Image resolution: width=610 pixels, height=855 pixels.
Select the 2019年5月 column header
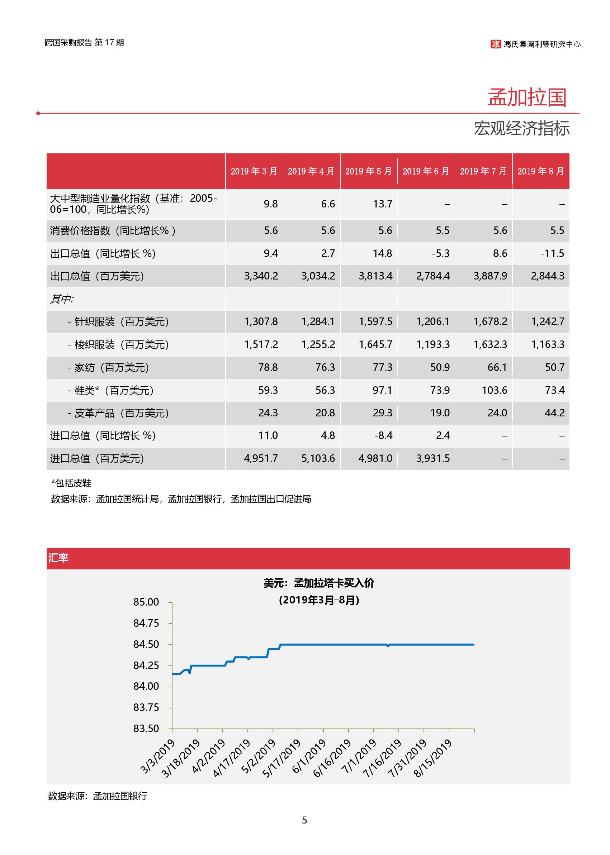click(369, 172)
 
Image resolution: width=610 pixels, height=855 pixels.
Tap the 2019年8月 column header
click(540, 172)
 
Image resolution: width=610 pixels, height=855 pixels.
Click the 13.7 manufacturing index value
click(382, 204)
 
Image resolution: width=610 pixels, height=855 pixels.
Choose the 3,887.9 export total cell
click(490, 276)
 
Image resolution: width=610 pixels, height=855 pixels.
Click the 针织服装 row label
click(118, 322)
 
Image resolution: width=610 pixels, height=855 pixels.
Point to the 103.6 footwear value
click(494, 390)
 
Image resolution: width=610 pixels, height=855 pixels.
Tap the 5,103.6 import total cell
click(318, 459)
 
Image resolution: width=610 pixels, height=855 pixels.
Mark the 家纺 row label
click(109, 368)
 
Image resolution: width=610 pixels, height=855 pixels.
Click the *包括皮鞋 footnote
click(71, 483)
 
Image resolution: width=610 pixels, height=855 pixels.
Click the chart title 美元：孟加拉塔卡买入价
click(318, 583)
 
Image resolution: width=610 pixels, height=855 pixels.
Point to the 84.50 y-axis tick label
click(146, 644)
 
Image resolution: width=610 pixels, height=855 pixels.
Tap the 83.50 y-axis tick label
click(146, 729)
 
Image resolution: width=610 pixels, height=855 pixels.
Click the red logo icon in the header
click(496, 44)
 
